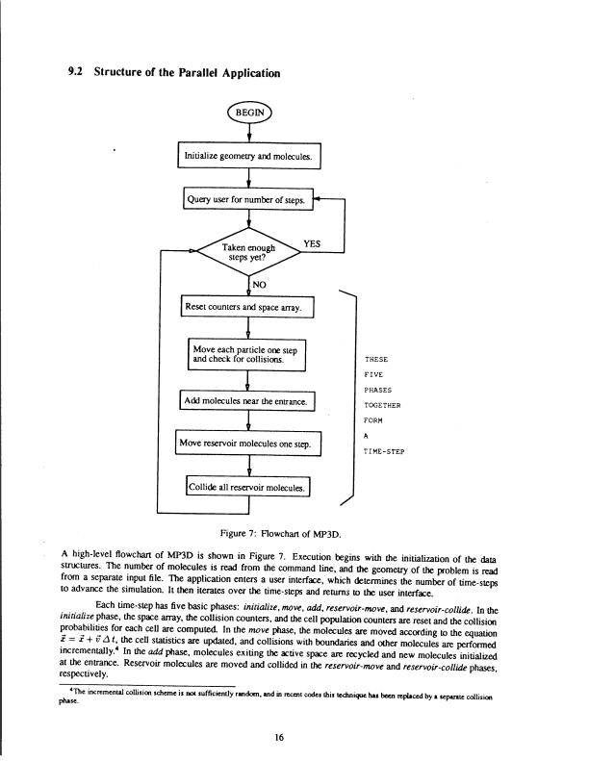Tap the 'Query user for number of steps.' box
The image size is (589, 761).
coord(250,201)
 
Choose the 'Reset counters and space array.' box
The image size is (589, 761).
coord(248,308)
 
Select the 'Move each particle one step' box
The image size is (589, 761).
coord(249,353)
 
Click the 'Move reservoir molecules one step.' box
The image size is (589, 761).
coord(248,444)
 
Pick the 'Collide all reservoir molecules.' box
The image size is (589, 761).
coord(249,489)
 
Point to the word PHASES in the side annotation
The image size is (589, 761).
coord(375,389)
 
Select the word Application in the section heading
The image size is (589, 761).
coord(245,73)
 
